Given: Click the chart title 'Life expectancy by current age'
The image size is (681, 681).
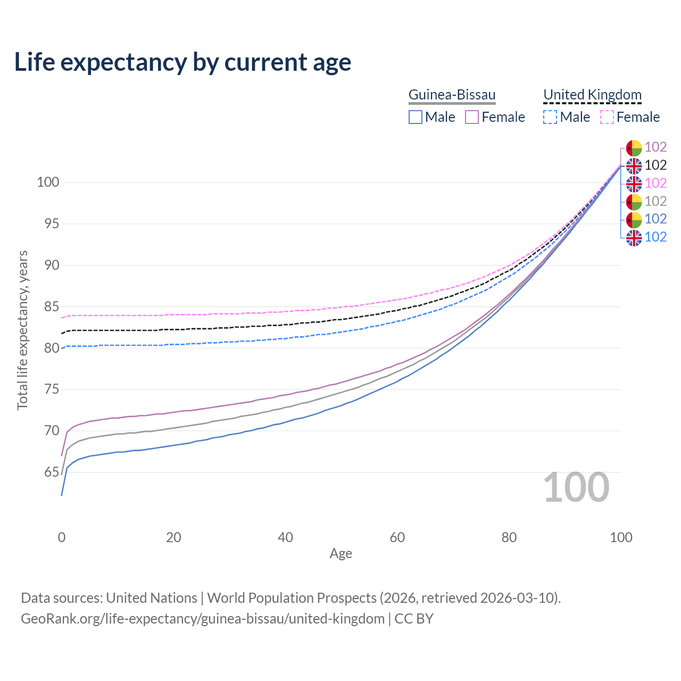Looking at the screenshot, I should (x=182, y=62).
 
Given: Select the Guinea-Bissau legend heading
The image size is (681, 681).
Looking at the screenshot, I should (x=452, y=95).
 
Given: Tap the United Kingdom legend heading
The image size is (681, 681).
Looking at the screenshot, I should (x=592, y=95).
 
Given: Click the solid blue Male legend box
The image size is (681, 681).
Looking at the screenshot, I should (x=416, y=117).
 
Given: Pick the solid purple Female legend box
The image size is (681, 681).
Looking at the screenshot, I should (x=472, y=117).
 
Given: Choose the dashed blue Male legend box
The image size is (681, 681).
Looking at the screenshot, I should (x=550, y=117).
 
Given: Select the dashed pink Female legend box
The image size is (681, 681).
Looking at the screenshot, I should (x=607, y=117).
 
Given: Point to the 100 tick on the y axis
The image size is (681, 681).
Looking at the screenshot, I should (x=48, y=182).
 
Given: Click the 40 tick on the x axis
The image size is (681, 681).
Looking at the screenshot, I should (x=286, y=537).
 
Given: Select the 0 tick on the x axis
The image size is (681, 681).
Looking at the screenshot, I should (x=62, y=537).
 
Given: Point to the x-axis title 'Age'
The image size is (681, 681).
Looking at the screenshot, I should (x=341, y=554).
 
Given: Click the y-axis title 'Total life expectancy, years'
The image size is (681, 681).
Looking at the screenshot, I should (x=22, y=330).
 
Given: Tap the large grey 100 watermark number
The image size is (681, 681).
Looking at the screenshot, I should (x=576, y=487).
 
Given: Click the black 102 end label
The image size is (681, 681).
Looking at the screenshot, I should (x=655, y=165).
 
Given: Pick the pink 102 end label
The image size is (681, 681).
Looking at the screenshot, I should (x=655, y=184).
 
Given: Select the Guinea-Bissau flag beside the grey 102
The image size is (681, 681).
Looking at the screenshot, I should (x=634, y=202).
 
